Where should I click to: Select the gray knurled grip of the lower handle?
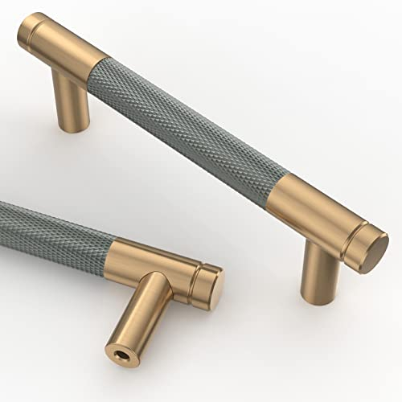[56, 229]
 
